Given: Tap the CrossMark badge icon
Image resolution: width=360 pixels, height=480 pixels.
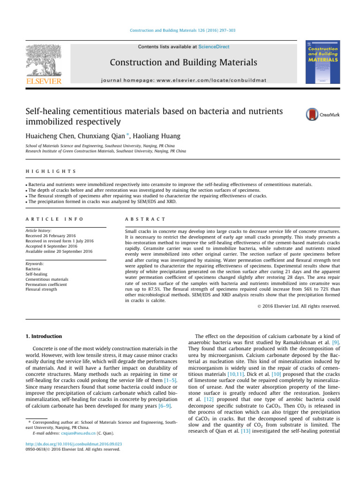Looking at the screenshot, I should [x=319, y=114].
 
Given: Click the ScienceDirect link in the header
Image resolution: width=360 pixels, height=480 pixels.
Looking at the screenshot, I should [x=214, y=47].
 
